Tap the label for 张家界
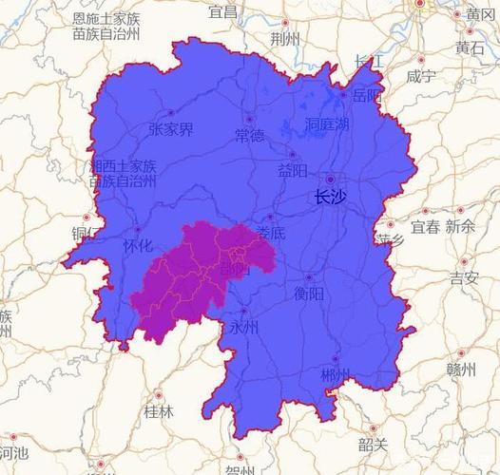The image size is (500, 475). [x=171, y=129]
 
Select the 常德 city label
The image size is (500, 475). [x=250, y=136]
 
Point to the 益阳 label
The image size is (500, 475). [x=293, y=171]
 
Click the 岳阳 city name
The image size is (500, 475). [x=366, y=96]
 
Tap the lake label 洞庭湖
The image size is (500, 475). [x=327, y=125]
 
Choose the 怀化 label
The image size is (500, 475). [x=138, y=245]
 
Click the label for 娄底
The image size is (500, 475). [x=271, y=232]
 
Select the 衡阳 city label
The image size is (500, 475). [x=309, y=293]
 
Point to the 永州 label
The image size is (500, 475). [x=243, y=327]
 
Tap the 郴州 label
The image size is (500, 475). [x=335, y=375]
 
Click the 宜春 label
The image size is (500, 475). [x=425, y=227]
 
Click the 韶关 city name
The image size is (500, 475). [x=374, y=445]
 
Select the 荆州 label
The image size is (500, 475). [x=284, y=39]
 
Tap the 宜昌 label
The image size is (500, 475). [x=223, y=11]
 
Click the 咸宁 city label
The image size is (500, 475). [x=420, y=76]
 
